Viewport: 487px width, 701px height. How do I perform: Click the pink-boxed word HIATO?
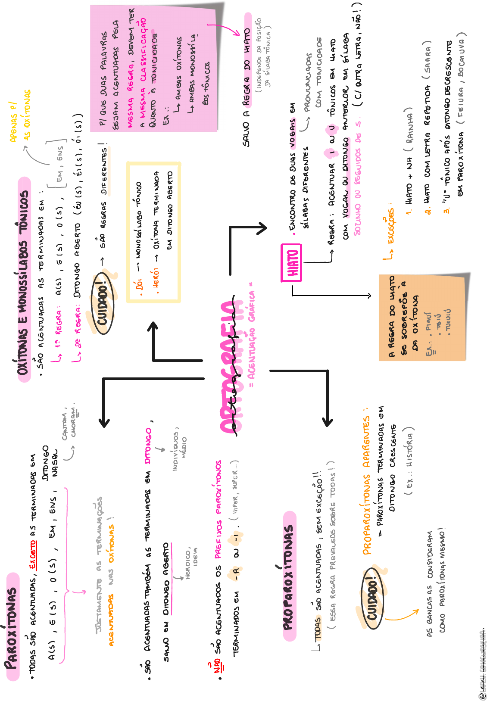tap(292, 263)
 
